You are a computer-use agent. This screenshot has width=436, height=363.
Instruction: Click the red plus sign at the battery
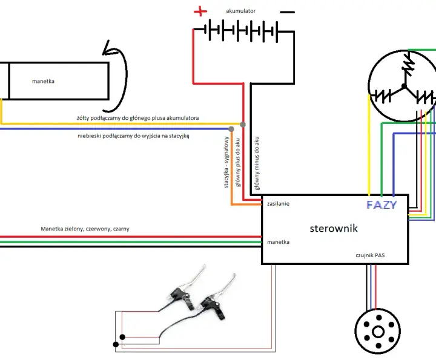pos(200,11)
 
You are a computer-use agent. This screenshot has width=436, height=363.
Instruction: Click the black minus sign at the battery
pos(287,12)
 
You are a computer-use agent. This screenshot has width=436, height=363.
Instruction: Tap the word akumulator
pos(241,11)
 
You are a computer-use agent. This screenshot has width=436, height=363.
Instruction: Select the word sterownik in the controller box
pos(334,228)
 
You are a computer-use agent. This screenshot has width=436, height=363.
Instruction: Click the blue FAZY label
pos(381,205)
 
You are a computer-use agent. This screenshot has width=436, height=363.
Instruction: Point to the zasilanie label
pos(278,204)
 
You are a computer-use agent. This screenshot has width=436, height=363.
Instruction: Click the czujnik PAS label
pos(370,255)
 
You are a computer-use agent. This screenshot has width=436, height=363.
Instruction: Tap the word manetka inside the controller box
pos(278,242)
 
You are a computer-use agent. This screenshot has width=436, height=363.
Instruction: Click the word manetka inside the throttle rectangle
pos(43,82)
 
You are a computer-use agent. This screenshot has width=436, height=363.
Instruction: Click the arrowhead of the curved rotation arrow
pos(107,48)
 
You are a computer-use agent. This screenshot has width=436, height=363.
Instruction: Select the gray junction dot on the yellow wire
pos(243,125)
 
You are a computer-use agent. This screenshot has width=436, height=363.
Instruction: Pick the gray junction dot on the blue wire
pos(231,129)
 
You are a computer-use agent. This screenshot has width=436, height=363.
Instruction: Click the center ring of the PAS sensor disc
pos(378,332)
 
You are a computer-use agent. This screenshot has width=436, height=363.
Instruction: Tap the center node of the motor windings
pos(404,86)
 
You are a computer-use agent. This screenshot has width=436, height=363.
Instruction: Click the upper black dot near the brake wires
pos(122,337)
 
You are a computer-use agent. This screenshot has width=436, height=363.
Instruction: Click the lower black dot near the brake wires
pos(116,344)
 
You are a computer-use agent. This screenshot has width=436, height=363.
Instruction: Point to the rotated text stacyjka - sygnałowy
pos(226,162)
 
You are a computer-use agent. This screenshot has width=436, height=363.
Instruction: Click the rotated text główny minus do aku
pos(257,163)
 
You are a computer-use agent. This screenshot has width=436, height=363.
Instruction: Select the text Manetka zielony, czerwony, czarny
pos(85,229)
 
